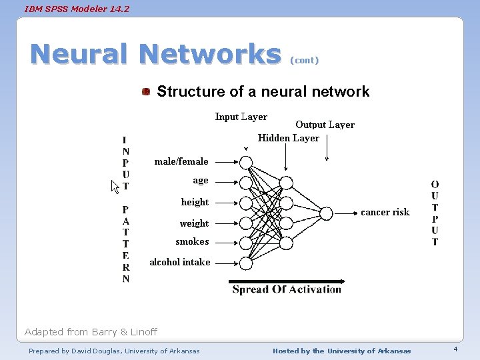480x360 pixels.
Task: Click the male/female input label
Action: [181, 161]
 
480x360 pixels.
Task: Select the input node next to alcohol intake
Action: [246, 263]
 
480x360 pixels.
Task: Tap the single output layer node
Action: [326, 213]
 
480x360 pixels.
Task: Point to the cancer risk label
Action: [385, 212]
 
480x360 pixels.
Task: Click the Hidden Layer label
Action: [289, 138]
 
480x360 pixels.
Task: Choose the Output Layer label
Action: [325, 125]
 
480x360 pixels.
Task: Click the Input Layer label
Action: [241, 117]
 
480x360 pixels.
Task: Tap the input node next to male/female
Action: [246, 162]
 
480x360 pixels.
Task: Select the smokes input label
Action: [192, 241]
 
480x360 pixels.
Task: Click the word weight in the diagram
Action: [194, 223]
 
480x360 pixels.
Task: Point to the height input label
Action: [195, 202]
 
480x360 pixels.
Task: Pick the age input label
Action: [201, 180]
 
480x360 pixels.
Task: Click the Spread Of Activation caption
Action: [287, 289]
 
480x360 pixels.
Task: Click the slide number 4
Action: [455, 350]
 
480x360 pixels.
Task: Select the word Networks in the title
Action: [211, 55]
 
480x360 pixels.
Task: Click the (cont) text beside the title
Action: [304, 60]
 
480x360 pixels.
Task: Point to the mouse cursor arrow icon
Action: [115, 186]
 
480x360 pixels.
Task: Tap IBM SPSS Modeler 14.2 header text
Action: [67, 9]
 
